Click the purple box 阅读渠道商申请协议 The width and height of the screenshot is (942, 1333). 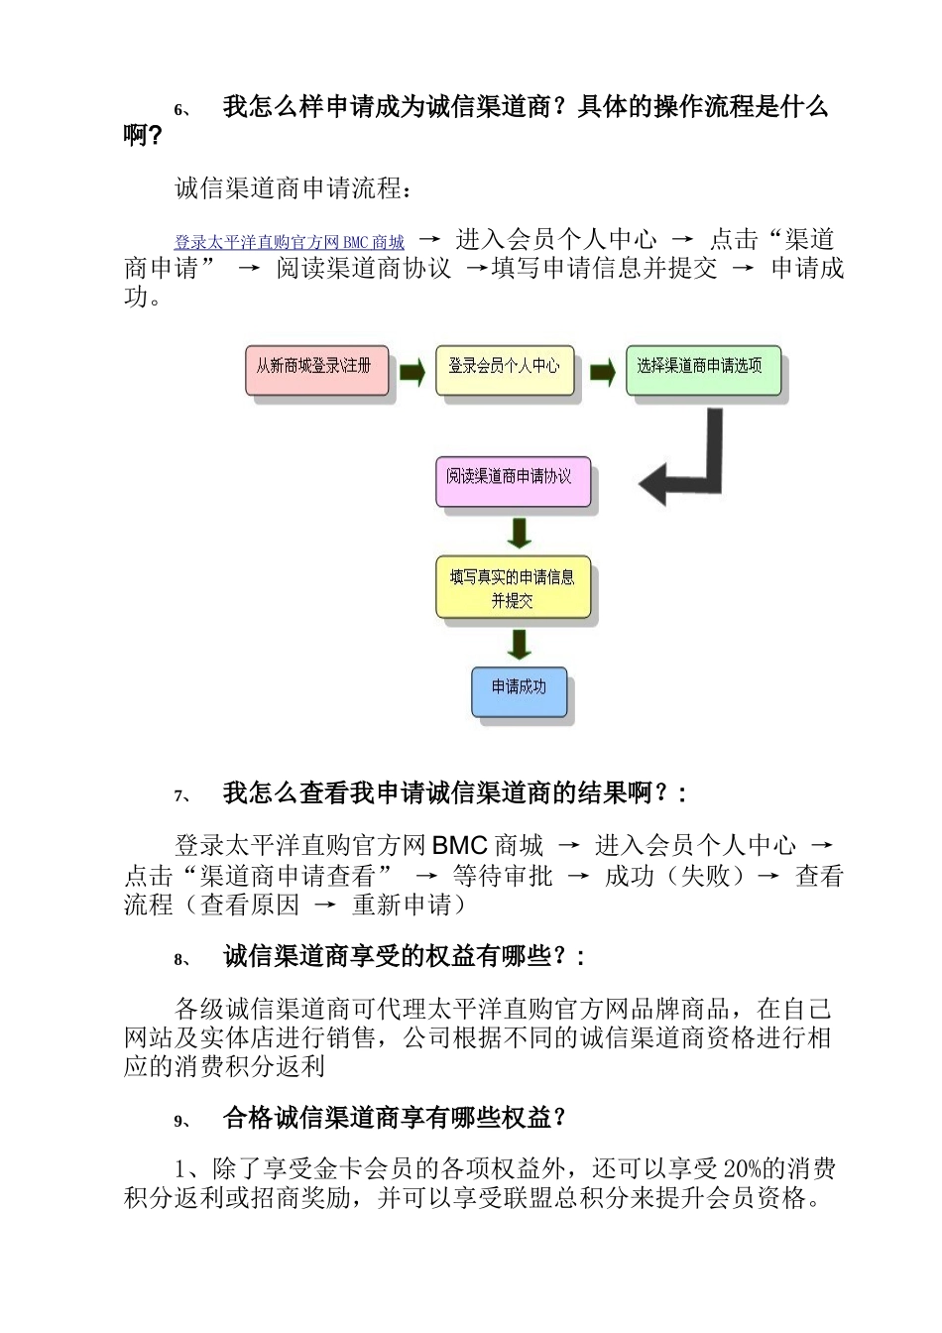tap(512, 481)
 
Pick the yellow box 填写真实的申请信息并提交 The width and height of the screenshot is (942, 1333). tap(513, 588)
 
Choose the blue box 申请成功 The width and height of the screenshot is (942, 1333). tap(520, 690)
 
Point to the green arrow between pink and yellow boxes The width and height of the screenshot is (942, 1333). tap(412, 373)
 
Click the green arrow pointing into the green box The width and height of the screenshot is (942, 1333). tap(602, 373)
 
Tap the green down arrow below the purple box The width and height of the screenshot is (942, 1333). tap(519, 533)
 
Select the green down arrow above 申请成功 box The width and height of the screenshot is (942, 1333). tap(519, 644)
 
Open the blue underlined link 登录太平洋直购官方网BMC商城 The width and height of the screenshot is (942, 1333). tap(290, 242)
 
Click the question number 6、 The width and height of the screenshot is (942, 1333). tap(182, 110)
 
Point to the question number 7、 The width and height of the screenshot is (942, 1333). tap(182, 795)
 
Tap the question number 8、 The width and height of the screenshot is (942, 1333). tap(182, 959)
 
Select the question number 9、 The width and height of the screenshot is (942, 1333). tap(182, 1121)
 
